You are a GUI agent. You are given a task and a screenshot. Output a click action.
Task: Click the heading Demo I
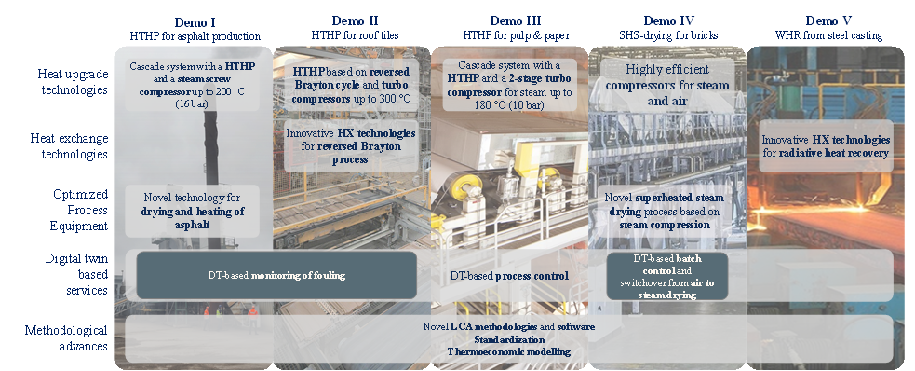tap(195, 22)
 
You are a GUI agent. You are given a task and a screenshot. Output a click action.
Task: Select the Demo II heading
tap(355, 21)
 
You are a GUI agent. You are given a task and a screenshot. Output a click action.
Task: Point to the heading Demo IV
tap(668, 21)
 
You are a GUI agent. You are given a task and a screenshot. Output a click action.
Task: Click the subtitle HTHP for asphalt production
tap(195, 36)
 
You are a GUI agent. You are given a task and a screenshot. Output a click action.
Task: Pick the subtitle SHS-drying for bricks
tap(668, 35)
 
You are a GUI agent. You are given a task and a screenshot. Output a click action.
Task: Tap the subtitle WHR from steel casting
tap(828, 35)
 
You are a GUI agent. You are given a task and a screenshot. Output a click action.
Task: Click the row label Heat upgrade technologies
tap(73, 82)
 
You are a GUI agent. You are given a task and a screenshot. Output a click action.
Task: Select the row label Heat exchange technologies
tap(70, 146)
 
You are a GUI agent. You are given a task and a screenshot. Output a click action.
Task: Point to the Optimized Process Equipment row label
tap(80, 210)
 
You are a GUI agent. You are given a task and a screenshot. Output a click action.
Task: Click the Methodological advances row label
tap(66, 338)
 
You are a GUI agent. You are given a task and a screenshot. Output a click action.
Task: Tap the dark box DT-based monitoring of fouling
tap(276, 275)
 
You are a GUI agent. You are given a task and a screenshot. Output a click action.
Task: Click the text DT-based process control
tap(509, 276)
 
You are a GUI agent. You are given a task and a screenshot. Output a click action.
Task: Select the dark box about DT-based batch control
tap(667, 276)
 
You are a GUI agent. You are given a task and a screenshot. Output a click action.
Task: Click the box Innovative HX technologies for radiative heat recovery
tap(826, 146)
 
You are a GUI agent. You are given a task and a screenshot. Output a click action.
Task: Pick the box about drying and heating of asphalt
tap(193, 211)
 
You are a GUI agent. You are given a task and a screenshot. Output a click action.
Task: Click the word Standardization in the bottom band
tap(509, 339)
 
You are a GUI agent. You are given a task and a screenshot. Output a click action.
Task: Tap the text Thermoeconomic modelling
tap(509, 351)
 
